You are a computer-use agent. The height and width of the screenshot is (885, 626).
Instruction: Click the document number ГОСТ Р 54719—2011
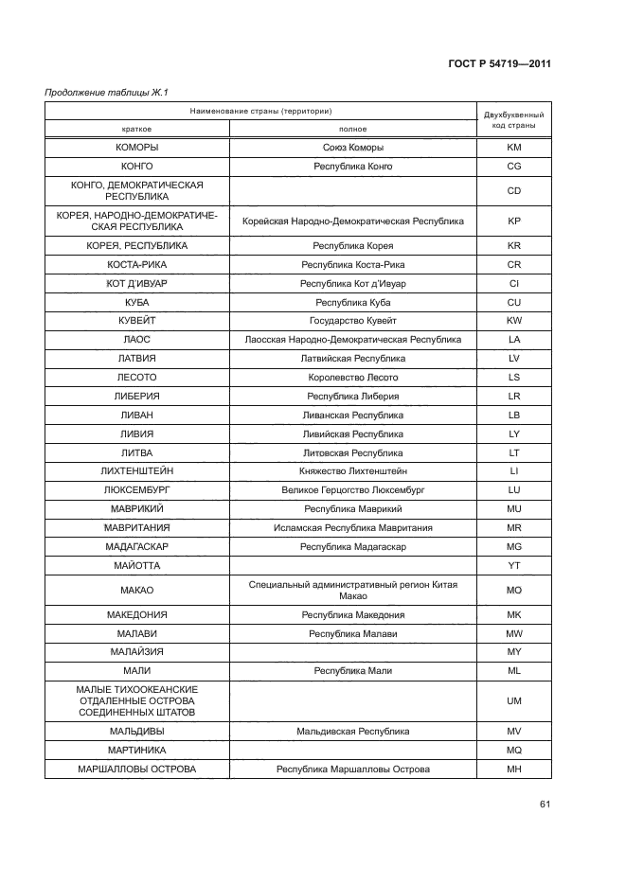pos(499,64)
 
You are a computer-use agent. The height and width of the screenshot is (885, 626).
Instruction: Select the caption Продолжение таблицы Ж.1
pos(100,92)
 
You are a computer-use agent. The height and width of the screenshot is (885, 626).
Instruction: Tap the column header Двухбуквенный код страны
pos(513,119)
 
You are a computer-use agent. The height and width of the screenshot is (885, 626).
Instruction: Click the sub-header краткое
pos(137,129)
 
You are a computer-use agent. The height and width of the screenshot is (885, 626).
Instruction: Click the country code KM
pos(514,148)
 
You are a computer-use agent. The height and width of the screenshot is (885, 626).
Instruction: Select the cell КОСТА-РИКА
pos(137,264)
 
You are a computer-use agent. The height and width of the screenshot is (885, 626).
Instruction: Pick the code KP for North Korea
pos(514,221)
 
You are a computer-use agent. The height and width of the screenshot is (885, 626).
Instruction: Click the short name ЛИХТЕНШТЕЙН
pos(137,470)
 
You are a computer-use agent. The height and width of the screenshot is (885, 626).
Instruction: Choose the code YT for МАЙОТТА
pos(514,565)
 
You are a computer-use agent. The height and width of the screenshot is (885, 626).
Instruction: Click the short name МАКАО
pos(137,590)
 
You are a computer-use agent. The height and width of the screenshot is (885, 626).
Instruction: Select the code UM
pos(514,700)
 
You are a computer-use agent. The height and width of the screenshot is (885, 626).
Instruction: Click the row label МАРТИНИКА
pos(137,751)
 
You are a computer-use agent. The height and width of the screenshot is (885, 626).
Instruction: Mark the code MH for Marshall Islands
pos(514,770)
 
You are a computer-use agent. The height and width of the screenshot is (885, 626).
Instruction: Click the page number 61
pos(545,805)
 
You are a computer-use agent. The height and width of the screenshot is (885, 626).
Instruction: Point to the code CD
pos(514,191)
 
